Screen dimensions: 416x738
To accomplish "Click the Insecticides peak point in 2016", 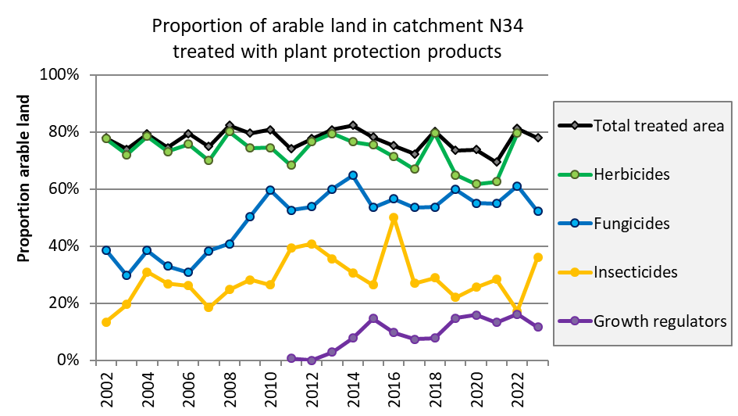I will (x=394, y=218).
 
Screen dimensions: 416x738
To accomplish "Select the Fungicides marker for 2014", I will (x=353, y=175).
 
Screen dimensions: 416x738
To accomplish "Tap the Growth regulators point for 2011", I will (x=291, y=358).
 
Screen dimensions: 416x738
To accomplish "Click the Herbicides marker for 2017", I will (x=415, y=169).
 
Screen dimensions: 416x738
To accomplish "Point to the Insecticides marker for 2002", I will (x=106, y=322).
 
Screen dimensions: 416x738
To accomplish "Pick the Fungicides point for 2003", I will (x=127, y=275).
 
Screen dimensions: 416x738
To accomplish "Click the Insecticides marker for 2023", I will (x=538, y=257).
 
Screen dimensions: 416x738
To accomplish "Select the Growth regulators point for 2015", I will (x=373, y=318).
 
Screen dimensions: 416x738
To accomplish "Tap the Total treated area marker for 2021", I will (x=497, y=162).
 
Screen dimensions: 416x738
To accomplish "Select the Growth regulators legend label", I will (x=660, y=321).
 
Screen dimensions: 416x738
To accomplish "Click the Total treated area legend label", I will (x=659, y=125).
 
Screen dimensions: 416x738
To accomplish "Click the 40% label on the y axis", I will (x=66, y=246).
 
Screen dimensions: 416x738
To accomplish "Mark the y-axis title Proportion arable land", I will (x=23, y=178).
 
